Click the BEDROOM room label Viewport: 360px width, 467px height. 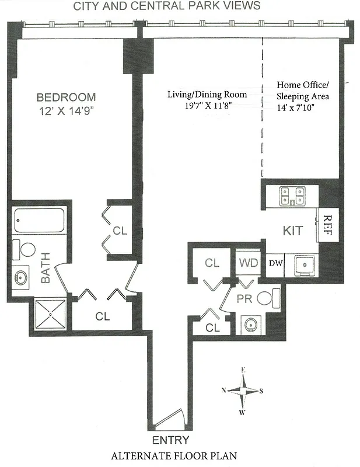[x=66, y=97]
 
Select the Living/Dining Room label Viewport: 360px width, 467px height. [x=207, y=95]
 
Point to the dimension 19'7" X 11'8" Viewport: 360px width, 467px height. [x=207, y=105]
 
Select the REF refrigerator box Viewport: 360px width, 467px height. [x=327, y=225]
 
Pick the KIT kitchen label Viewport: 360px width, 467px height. [x=292, y=231]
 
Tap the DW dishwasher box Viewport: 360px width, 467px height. [x=275, y=263]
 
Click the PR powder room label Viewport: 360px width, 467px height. [x=245, y=299]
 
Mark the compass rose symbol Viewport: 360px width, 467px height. [x=244, y=391]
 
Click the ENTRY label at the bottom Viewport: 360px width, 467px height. [x=170, y=440]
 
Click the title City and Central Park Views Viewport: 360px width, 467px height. [x=166, y=6]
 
